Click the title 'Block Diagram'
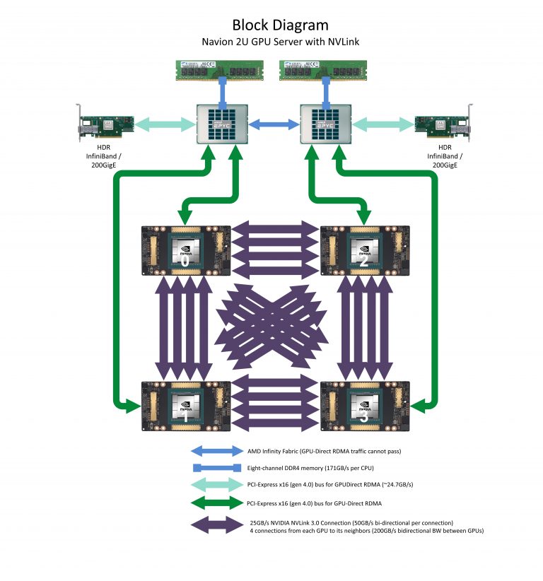click(x=271, y=27)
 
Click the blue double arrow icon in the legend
click(x=216, y=450)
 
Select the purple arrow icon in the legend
click(x=216, y=526)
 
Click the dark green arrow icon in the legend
click(x=216, y=503)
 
